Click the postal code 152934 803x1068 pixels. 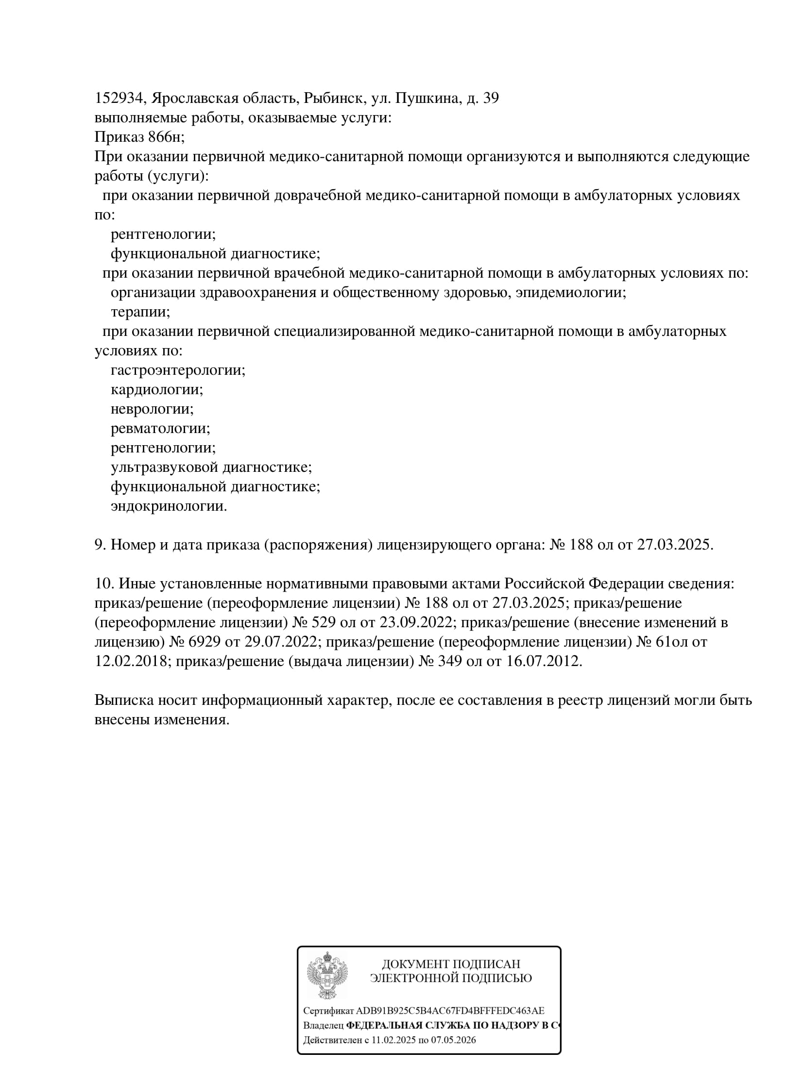click(119, 99)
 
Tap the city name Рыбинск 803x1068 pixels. click(334, 99)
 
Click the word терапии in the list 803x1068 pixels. click(140, 312)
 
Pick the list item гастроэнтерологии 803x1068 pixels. click(178, 370)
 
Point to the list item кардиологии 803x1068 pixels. click(156, 390)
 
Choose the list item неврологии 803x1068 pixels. click(152, 409)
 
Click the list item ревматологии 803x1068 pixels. click(160, 429)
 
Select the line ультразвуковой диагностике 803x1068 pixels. click(211, 467)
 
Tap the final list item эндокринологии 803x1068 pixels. click(169, 506)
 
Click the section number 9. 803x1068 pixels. click(100, 545)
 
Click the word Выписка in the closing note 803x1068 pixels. click(122, 700)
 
